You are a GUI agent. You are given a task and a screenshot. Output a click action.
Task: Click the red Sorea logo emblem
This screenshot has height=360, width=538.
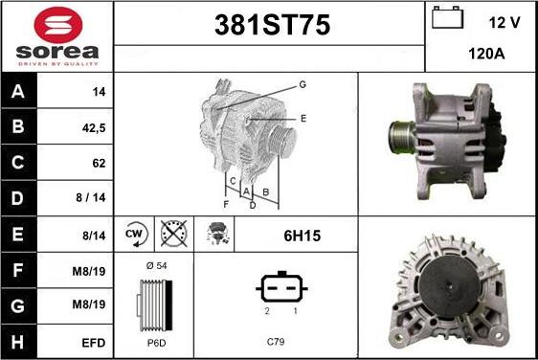(x=58, y=25)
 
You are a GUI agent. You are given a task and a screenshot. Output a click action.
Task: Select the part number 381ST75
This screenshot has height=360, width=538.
(x=273, y=25)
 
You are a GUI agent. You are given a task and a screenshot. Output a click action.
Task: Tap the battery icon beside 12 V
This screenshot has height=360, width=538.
(x=447, y=17)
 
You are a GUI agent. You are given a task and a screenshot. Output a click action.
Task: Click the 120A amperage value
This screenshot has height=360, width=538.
(x=486, y=54)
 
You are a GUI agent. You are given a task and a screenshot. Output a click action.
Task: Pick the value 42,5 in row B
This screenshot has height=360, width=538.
(x=94, y=128)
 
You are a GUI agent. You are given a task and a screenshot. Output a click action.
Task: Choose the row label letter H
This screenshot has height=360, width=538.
(x=18, y=342)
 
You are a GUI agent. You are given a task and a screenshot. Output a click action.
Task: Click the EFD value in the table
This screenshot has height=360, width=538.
(x=93, y=343)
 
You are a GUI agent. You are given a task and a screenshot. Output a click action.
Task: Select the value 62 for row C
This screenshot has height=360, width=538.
(x=99, y=163)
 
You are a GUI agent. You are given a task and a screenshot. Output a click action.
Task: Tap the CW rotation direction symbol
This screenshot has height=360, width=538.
(x=136, y=235)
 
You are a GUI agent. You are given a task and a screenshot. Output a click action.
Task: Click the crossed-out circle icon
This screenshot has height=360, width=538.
(x=174, y=234)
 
